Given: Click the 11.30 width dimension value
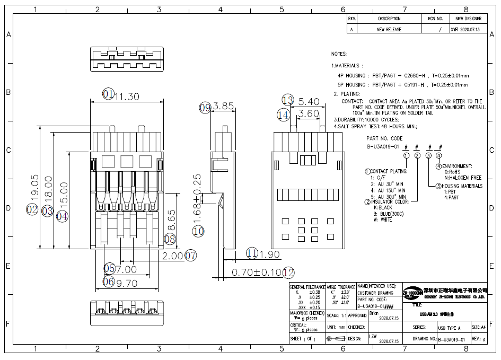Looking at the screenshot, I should point(127,96).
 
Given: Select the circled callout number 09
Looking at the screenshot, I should point(205,107).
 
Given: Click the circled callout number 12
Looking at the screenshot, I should point(288,273).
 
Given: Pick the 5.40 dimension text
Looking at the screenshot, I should point(309,101).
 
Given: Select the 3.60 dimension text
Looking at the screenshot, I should point(309,114).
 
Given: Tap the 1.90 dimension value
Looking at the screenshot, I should point(270,254).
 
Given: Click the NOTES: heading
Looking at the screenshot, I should point(339,54).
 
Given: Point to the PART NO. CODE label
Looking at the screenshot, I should point(384,138).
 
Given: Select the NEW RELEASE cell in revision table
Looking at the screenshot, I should point(389,30).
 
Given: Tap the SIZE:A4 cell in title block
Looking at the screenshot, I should point(479,327).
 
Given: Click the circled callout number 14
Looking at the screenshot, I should point(283,115).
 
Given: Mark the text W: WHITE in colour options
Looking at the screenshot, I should point(383,219).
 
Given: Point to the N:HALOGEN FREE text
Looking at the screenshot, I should point(462,178).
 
